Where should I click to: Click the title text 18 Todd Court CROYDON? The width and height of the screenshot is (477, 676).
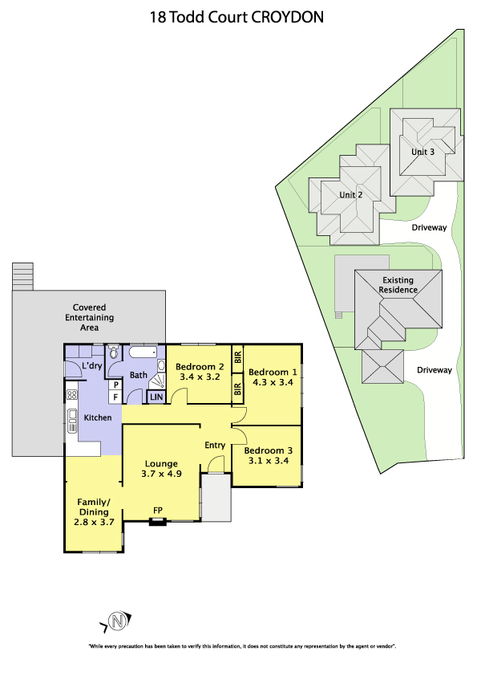tap(236, 17)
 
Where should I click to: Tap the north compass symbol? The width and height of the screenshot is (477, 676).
tap(116, 621)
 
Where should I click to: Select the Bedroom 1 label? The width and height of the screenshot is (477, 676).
tap(273, 372)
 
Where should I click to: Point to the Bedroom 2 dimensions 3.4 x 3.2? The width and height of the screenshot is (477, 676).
tap(200, 377)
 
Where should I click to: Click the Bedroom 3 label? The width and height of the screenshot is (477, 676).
tap(269, 450)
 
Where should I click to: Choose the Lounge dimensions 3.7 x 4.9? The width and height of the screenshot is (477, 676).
tap(161, 474)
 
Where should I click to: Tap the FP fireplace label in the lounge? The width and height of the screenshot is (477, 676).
tap(158, 511)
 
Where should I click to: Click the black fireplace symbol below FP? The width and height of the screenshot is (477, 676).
tap(158, 522)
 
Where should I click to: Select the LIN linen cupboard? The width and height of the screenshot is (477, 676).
tap(156, 397)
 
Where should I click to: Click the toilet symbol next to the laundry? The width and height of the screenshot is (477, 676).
tap(114, 352)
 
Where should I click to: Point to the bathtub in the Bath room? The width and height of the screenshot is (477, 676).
tap(143, 352)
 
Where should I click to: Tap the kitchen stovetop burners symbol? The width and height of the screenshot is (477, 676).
tap(72, 394)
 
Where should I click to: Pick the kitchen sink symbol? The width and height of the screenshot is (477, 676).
tap(72, 421)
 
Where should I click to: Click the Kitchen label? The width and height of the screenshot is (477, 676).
tap(98, 417)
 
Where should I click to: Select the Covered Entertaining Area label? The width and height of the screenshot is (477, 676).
tap(89, 317)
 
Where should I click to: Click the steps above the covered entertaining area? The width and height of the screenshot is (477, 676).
tap(22, 276)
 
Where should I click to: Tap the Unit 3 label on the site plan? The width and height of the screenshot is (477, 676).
tap(422, 152)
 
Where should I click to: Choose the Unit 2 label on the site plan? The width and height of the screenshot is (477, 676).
tap(351, 195)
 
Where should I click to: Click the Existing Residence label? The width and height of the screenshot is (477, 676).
tap(398, 285)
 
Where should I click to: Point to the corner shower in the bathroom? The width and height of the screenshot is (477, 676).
tap(157, 381)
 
